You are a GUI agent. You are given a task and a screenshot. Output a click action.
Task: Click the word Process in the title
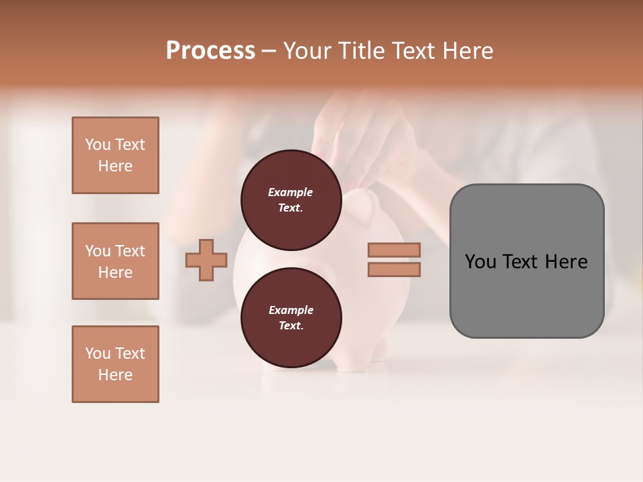[210, 51]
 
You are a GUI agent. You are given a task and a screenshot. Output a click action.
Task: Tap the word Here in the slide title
[468, 51]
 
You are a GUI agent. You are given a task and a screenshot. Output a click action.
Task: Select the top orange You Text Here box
[115, 155]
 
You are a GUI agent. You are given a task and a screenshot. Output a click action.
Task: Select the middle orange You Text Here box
[115, 261]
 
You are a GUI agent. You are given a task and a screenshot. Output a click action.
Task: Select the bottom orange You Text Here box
[115, 364]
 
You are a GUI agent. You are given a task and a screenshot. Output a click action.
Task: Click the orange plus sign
[206, 260]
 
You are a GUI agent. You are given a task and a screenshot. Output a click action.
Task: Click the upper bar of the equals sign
[394, 250]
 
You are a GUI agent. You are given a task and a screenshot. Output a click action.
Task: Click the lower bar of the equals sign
[394, 269]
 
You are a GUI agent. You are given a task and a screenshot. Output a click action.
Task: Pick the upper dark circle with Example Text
[291, 199]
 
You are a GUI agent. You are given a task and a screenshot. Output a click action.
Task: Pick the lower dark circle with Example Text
[291, 317]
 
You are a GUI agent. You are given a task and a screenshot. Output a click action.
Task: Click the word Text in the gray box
[519, 262]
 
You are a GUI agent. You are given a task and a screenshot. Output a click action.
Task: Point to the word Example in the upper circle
[291, 192]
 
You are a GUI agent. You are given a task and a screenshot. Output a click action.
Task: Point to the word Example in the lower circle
[291, 310]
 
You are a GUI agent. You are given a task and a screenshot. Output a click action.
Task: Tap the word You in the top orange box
[98, 145]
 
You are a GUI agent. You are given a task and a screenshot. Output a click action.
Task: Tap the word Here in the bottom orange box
[115, 375]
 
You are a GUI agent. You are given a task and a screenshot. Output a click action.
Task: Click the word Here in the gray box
[566, 262]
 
